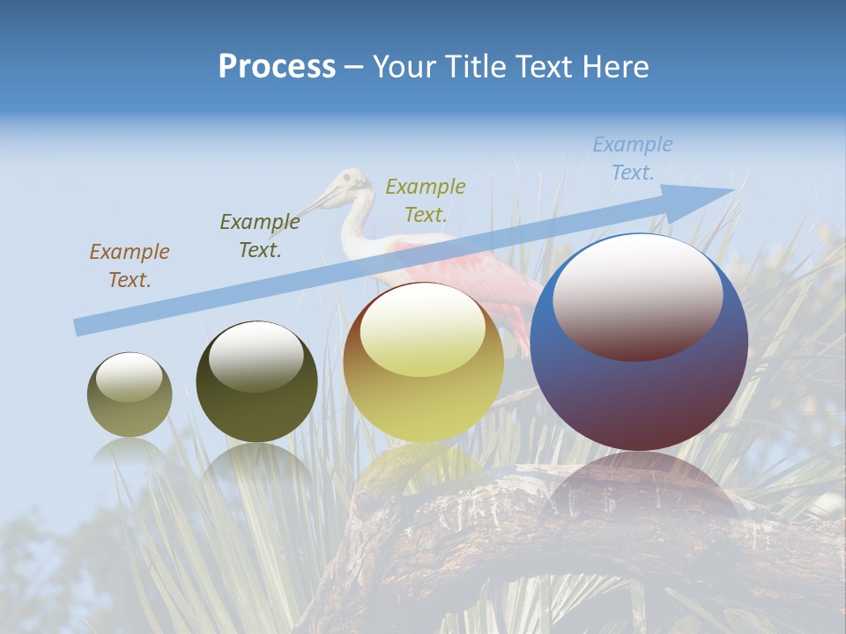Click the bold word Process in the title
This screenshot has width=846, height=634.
(277, 67)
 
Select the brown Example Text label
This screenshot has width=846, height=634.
(129, 266)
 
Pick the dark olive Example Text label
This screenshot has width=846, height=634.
(259, 236)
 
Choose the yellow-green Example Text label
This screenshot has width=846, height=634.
(425, 200)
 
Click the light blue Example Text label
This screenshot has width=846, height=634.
(632, 158)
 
